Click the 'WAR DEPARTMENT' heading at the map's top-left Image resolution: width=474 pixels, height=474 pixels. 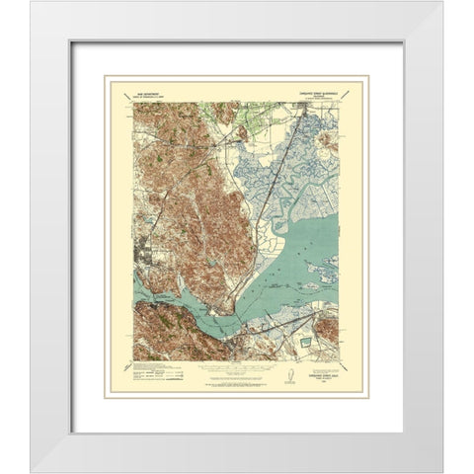coord(163,87)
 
